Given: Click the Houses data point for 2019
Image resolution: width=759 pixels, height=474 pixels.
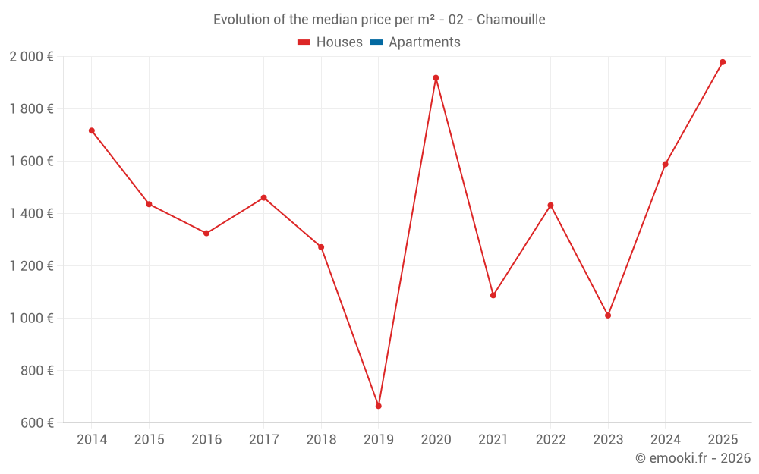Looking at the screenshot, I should coord(378,406).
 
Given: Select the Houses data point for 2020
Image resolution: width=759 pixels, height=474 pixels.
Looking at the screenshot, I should coord(436,77).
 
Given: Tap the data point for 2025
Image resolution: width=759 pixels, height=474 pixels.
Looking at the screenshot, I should coord(723,62).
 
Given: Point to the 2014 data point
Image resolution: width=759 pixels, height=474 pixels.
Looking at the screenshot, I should coord(92,130).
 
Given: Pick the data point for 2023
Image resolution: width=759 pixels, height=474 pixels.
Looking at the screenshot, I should coord(608,315).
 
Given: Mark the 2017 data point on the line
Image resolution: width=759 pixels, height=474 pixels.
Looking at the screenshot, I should coord(263,198).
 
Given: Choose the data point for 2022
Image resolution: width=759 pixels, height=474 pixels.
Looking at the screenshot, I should coord(550,206).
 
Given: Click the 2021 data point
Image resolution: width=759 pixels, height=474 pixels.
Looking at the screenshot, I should coord(493,295).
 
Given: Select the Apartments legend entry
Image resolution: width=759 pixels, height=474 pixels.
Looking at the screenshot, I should coord(424,42).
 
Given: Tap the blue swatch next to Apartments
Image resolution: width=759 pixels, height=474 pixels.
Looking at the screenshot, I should coord(376,42).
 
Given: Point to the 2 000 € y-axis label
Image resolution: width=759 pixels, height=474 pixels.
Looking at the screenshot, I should coord(31,57).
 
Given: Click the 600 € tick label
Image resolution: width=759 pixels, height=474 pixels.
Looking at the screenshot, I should coord(36,423).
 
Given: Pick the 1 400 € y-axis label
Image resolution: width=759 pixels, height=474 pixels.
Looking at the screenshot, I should coord(31,214).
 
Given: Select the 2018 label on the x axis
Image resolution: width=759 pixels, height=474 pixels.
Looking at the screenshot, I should coord(321,440).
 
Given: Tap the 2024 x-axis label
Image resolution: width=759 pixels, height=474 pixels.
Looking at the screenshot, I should coord(666,440).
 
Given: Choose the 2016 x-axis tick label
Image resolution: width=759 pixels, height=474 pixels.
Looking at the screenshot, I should coord(206,440).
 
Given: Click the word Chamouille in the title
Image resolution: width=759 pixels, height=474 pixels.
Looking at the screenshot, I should coord(511,20).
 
